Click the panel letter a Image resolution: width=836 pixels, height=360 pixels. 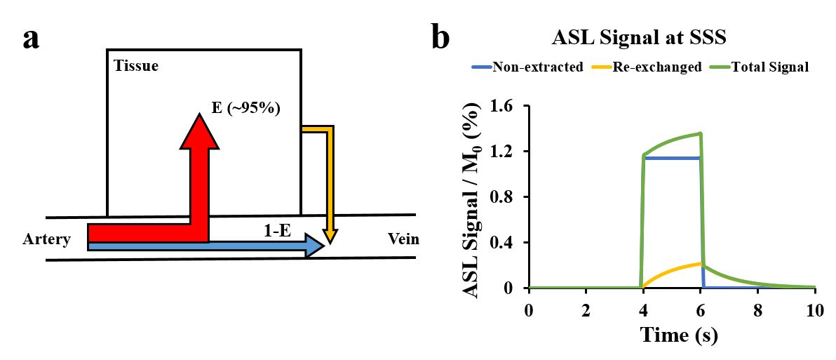coord(32,39)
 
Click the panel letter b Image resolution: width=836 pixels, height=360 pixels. coord(440,38)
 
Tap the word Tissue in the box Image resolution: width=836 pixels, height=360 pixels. coord(136,67)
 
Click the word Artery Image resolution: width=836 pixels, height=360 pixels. coord(47,240)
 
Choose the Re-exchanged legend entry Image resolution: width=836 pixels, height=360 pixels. coord(657,68)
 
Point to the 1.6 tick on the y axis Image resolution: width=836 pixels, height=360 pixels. coord(504,106)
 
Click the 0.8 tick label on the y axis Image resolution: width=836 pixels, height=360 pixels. coord(504,197)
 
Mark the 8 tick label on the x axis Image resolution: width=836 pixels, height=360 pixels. coord(757,311)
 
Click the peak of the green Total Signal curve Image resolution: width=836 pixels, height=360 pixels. coord(700,133)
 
